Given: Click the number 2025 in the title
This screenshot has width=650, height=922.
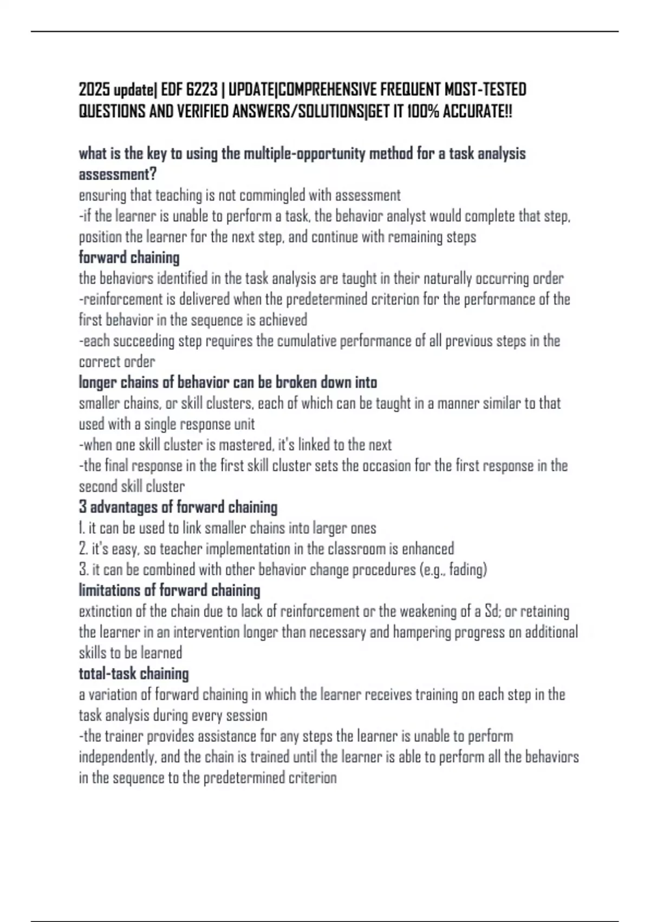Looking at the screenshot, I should pyautogui.click(x=95, y=89).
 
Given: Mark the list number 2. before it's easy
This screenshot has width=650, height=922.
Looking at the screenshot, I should pyautogui.click(x=83, y=549).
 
